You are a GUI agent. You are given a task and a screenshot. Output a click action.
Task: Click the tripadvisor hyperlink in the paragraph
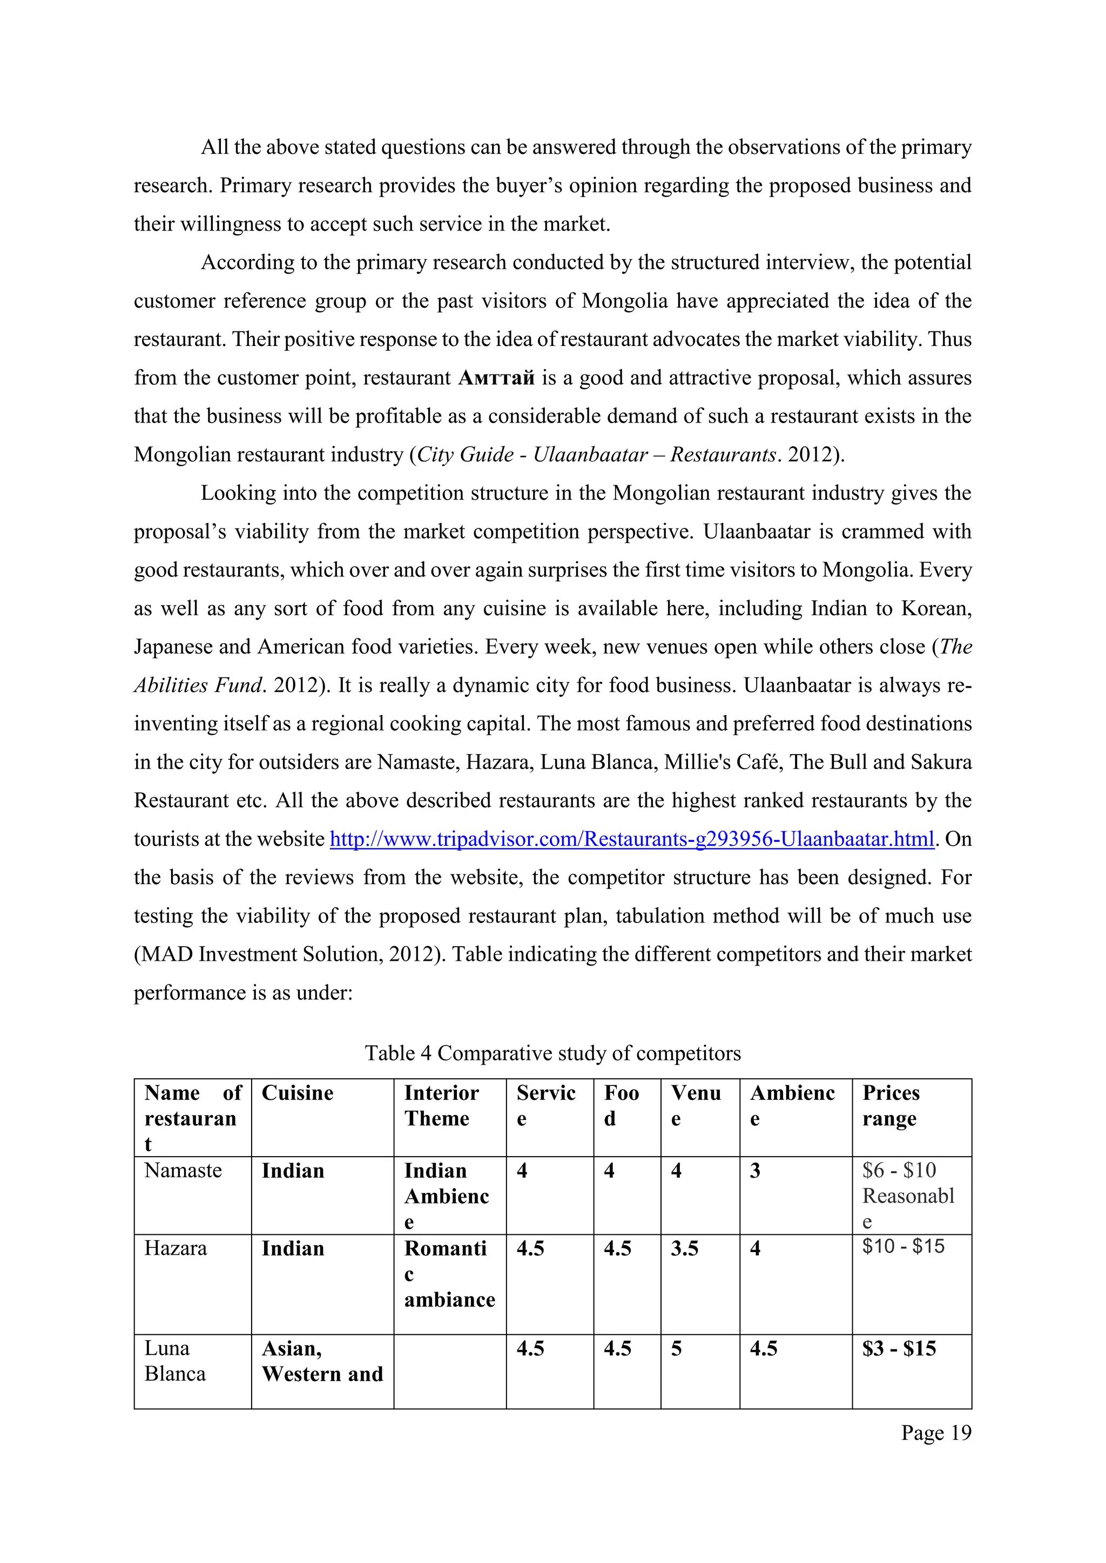631,839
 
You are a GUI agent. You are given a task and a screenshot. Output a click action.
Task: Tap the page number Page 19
936,1432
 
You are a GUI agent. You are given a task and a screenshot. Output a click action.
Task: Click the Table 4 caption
552,1053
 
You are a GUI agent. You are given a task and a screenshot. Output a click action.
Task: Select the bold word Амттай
496,378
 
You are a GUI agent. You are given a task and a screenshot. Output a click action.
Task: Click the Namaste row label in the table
183,1170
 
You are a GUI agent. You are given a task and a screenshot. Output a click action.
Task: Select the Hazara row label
176,1248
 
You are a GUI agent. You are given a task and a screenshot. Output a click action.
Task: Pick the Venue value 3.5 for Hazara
684,1248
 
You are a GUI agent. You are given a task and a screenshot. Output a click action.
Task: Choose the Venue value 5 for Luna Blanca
676,1349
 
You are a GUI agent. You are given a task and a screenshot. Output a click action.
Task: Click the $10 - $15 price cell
903,1246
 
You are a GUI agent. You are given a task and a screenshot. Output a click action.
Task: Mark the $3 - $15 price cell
899,1349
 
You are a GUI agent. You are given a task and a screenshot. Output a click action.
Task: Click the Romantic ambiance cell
449,1274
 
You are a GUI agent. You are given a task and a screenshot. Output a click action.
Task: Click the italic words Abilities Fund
198,685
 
